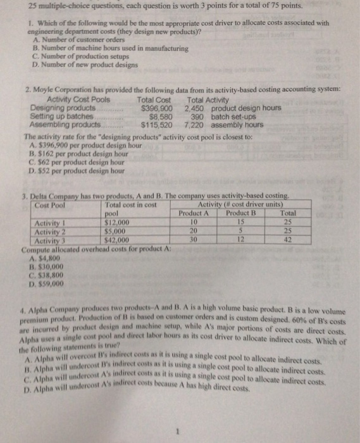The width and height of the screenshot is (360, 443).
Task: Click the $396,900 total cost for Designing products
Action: pyautogui.click(x=155, y=108)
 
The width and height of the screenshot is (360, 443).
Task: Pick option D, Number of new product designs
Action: pyautogui.click(x=72, y=64)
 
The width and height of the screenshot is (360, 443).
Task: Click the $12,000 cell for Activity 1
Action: pyautogui.click(x=116, y=222)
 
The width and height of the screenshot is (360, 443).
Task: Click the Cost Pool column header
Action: pyautogui.click(x=50, y=205)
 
